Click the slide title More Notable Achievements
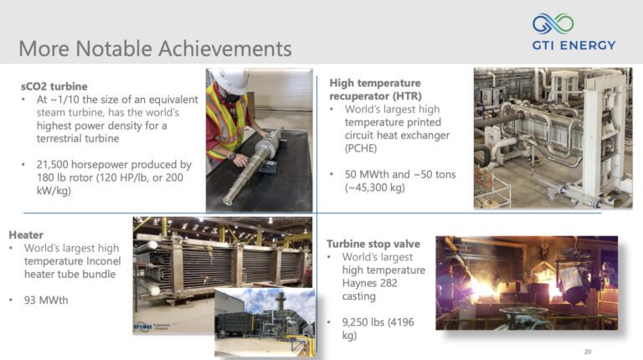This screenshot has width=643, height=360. pos(155,48)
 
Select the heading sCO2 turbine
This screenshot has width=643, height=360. pos(54,86)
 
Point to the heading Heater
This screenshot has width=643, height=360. pos(26,235)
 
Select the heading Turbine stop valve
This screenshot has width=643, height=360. pos(373,244)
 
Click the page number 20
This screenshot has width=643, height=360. pos(587,351)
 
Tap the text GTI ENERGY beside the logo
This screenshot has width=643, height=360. pos(574,45)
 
